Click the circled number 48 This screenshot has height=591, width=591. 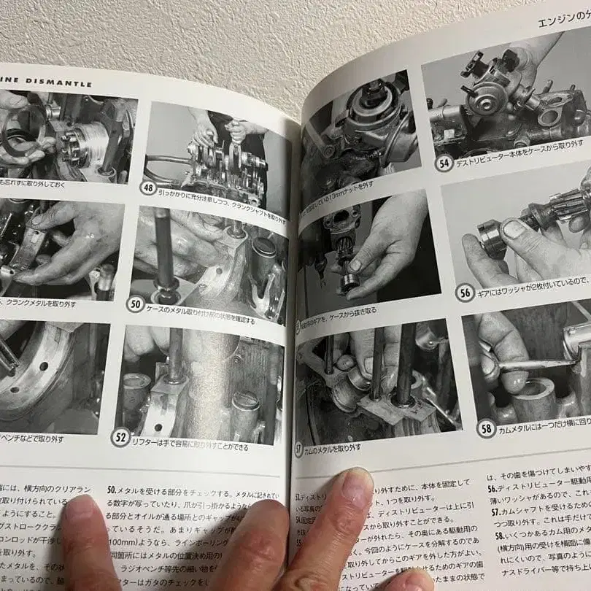tap(148, 188)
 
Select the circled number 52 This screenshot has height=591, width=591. tap(120, 436)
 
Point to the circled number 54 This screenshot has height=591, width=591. tap(444, 163)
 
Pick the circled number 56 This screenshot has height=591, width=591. tap(464, 293)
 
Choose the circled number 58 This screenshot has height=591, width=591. tap(486, 428)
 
